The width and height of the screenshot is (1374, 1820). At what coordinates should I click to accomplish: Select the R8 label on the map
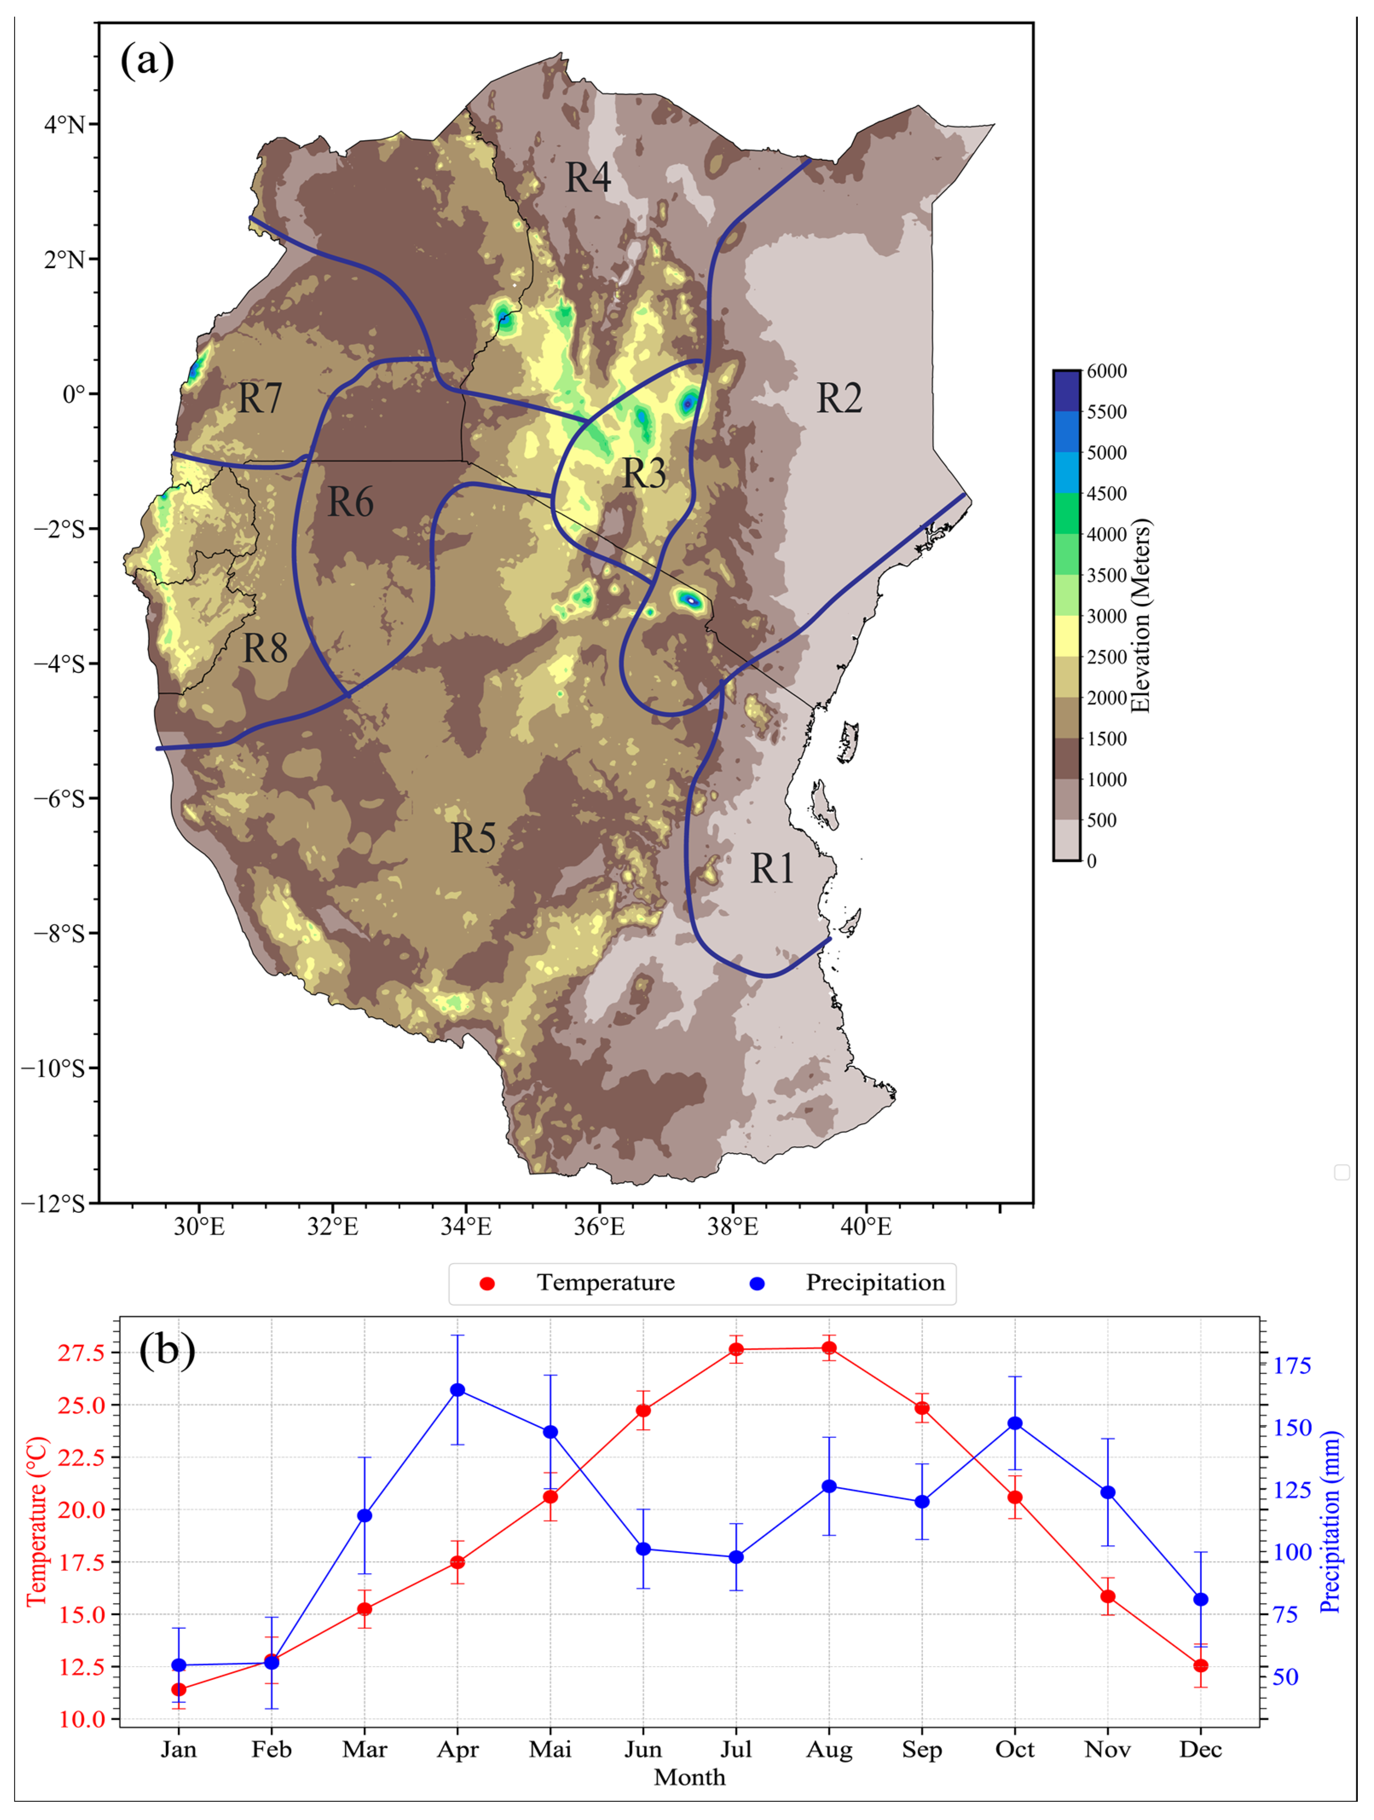click(265, 649)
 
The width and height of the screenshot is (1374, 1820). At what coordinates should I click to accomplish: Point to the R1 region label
click(772, 869)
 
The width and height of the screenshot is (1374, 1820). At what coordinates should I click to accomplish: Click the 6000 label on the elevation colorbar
click(1107, 371)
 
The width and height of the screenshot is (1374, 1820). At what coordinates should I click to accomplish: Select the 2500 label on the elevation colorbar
click(1107, 657)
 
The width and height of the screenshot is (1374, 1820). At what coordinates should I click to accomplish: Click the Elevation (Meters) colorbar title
click(1140, 615)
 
